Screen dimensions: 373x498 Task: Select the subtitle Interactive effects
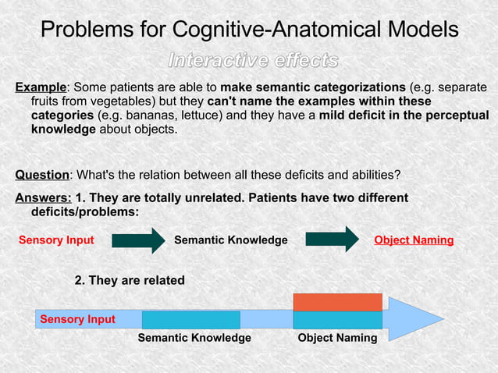tap(254, 60)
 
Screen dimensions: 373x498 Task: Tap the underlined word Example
tap(41, 87)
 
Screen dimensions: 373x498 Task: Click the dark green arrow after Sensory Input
tap(138, 240)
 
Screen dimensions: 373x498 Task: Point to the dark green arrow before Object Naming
tap(331, 240)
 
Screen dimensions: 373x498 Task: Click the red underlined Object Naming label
tap(414, 240)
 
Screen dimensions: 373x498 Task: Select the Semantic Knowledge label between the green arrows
tap(230, 240)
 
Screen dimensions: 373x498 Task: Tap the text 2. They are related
tap(129, 280)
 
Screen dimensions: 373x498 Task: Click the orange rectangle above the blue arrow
tap(337, 302)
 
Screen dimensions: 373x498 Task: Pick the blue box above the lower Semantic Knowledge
tap(190, 320)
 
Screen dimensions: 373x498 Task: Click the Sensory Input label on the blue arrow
tap(77, 319)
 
